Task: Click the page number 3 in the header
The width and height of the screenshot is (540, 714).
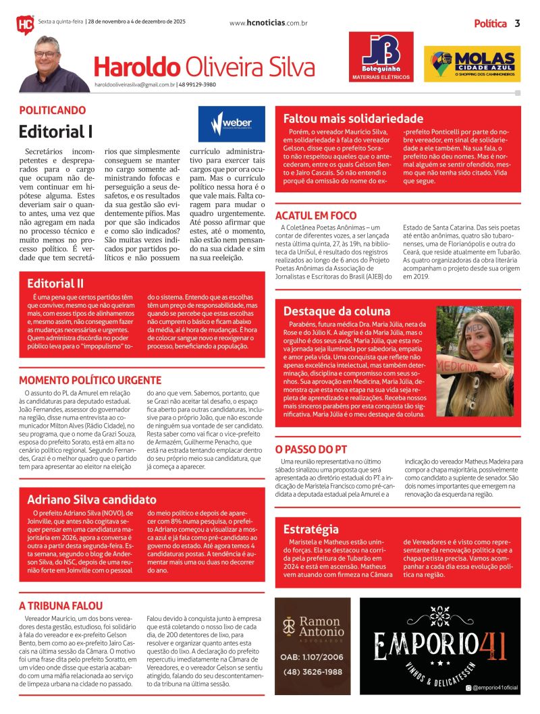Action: [517, 24]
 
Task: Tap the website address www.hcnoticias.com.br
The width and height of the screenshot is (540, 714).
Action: [268, 23]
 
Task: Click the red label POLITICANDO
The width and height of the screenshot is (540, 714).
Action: [52, 110]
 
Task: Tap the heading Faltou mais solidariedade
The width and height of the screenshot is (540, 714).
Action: [353, 118]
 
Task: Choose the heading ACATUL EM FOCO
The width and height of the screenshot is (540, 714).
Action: [316, 215]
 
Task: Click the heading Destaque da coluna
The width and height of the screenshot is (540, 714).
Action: [337, 311]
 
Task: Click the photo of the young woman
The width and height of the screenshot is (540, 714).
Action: [475, 361]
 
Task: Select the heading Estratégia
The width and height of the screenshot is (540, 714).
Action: [310, 529]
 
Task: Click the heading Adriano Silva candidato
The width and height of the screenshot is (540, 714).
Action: [92, 500]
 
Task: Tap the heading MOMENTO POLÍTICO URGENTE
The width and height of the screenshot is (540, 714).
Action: [89, 380]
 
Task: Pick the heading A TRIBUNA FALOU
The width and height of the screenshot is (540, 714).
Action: [61, 605]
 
